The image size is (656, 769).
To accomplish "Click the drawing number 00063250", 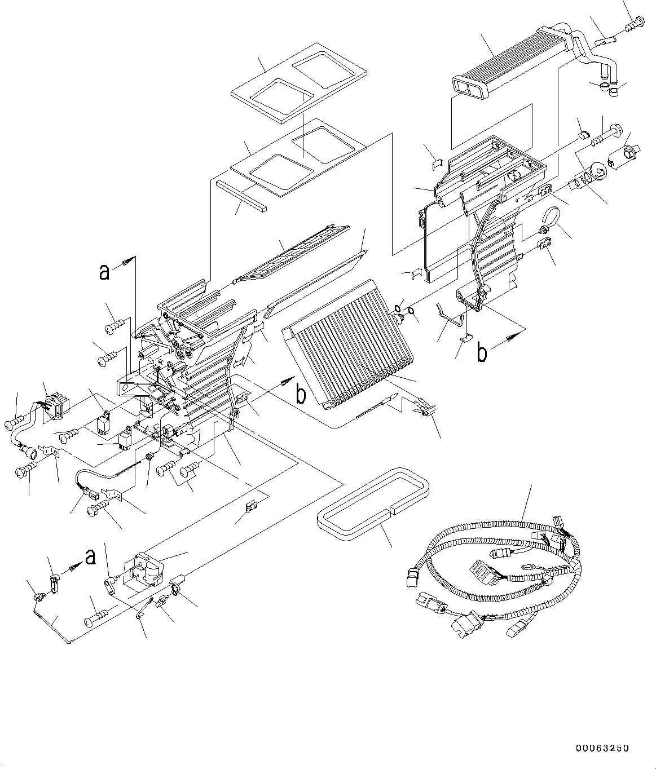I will point(601,748).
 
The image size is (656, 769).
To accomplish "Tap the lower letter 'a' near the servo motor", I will point(89,557).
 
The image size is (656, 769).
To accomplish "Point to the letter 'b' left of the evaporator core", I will point(301,395).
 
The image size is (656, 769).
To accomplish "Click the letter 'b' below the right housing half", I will point(481,352).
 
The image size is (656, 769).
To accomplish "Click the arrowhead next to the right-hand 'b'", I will point(510,337).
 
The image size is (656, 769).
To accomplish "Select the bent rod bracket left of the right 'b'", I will point(451,316).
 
